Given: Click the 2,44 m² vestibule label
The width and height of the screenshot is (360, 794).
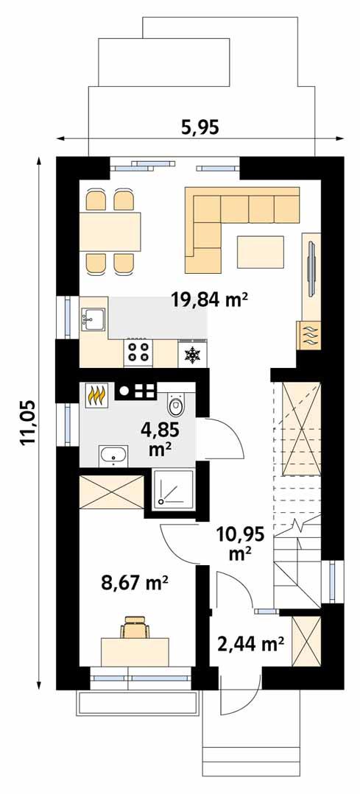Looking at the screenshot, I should click(x=251, y=645).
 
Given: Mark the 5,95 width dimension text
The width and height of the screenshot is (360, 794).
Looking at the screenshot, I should click(x=200, y=127).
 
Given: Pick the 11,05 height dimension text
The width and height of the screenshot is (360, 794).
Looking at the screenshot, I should click(x=29, y=421).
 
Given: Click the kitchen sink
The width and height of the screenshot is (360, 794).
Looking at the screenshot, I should click(x=93, y=319).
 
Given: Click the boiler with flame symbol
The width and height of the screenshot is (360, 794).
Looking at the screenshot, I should click(x=96, y=397).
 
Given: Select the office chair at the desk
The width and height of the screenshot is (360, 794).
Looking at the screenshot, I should click(x=135, y=628).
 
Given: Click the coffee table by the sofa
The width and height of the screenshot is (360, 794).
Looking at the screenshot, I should click(x=261, y=251).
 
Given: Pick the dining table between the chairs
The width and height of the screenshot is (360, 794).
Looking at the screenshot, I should click(x=110, y=232).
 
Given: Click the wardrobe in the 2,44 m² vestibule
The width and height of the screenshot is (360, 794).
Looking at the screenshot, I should click(x=307, y=640).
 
